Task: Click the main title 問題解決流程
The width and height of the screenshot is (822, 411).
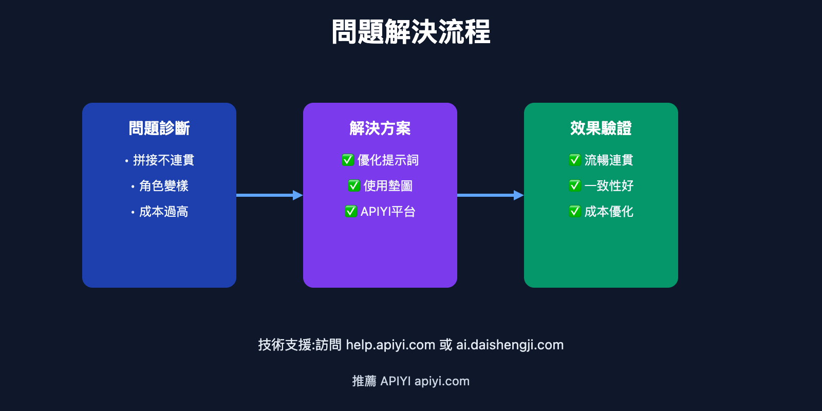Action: coord(411,32)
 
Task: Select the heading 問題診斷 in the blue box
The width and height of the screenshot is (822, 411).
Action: coord(159,128)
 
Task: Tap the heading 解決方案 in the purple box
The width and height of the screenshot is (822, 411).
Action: coord(380,128)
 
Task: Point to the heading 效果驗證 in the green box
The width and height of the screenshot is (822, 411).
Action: coord(601,128)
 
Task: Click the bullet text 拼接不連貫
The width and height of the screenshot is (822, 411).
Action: coord(163,160)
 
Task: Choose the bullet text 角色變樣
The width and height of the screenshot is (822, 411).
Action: coord(163,186)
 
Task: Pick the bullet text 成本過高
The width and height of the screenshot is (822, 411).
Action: coord(163,212)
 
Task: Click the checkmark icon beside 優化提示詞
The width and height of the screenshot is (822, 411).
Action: coord(348,160)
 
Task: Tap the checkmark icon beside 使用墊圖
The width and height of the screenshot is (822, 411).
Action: coord(354,186)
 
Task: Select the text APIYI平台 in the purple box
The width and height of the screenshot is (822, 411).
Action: coord(388,212)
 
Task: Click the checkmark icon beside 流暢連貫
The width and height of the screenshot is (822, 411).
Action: coord(575,160)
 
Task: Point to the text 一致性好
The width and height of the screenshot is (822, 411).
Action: coord(609,186)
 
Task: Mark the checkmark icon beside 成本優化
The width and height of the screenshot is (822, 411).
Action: coord(575,212)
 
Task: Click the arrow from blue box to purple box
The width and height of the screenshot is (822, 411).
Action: coord(269,195)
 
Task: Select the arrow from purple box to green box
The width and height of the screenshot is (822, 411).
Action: coord(490,195)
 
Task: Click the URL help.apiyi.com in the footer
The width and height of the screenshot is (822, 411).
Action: coord(390,345)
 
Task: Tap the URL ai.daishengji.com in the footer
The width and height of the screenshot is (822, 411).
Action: coord(510,345)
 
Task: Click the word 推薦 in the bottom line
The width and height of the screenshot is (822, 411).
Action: coord(364,381)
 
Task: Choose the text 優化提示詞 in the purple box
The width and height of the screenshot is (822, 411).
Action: coord(388,160)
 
